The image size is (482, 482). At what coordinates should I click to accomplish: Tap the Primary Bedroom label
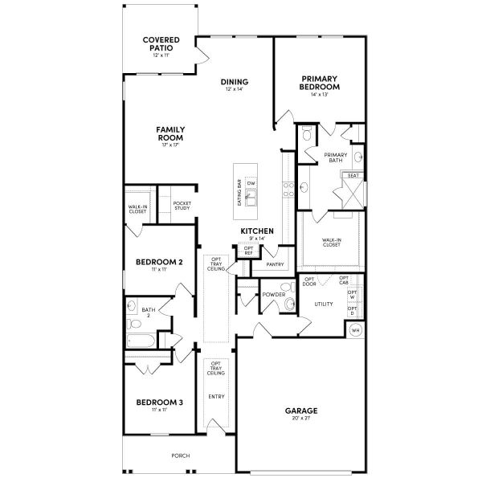[319, 84]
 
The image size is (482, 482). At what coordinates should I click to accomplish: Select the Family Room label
[171, 133]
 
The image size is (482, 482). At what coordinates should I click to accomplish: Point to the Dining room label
[235, 82]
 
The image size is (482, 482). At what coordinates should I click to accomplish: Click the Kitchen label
[257, 231]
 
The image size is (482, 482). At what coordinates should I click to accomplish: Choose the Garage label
[301, 410]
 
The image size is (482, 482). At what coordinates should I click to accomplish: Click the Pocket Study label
[182, 206]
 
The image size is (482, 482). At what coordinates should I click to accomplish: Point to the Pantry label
[275, 263]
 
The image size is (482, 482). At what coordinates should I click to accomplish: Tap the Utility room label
[324, 304]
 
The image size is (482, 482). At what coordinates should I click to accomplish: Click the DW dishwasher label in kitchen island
[251, 184]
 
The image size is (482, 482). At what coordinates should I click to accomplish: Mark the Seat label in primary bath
[353, 175]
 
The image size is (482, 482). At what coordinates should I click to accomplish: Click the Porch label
[181, 455]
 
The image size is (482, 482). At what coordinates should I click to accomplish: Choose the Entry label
[216, 397]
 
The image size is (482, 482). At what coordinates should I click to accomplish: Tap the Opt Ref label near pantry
[248, 251]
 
